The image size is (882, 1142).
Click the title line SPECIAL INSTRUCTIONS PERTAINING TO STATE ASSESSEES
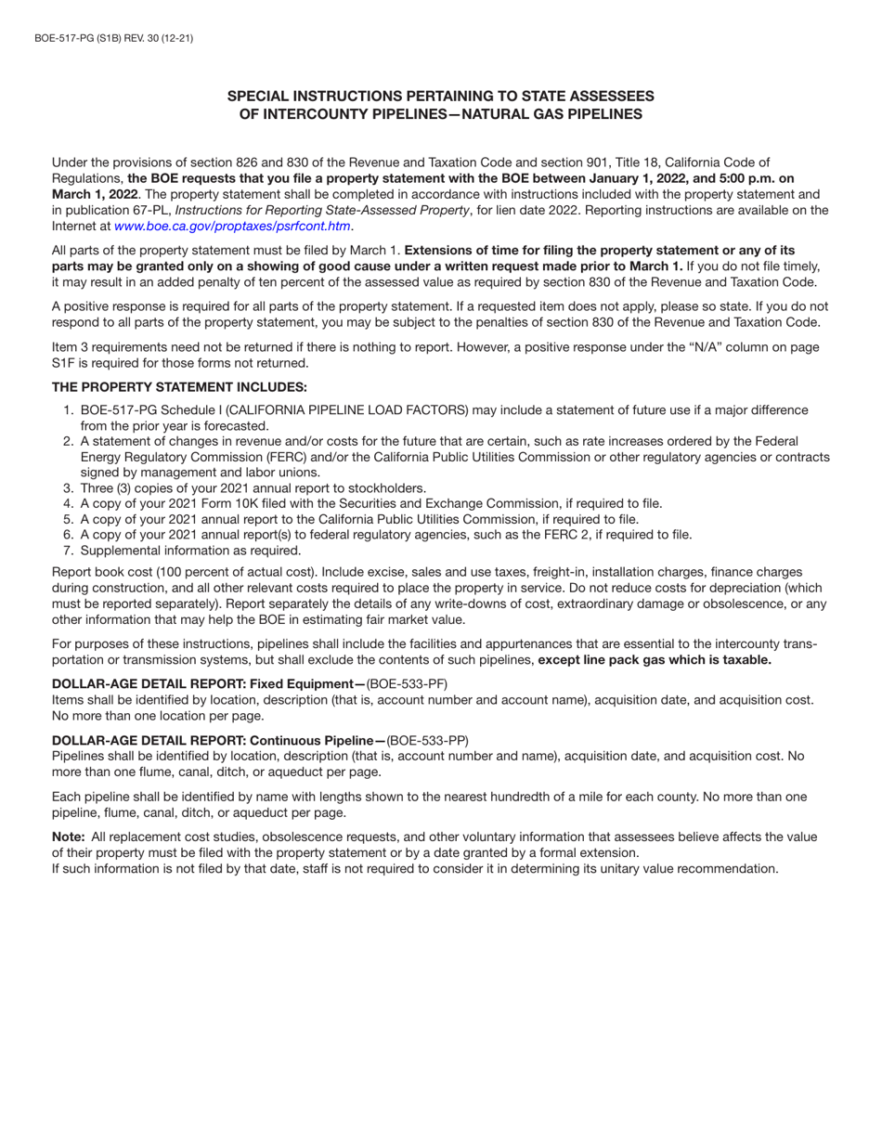tap(441, 96)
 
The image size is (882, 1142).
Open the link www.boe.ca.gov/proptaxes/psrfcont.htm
tap(232, 226)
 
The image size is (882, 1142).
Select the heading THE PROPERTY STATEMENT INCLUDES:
tap(179, 387)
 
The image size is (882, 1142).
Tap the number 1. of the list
tap(68, 410)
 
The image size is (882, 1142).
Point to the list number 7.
tap(68, 550)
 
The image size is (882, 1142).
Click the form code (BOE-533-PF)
tap(408, 684)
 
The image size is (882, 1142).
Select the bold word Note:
tap(69, 837)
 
